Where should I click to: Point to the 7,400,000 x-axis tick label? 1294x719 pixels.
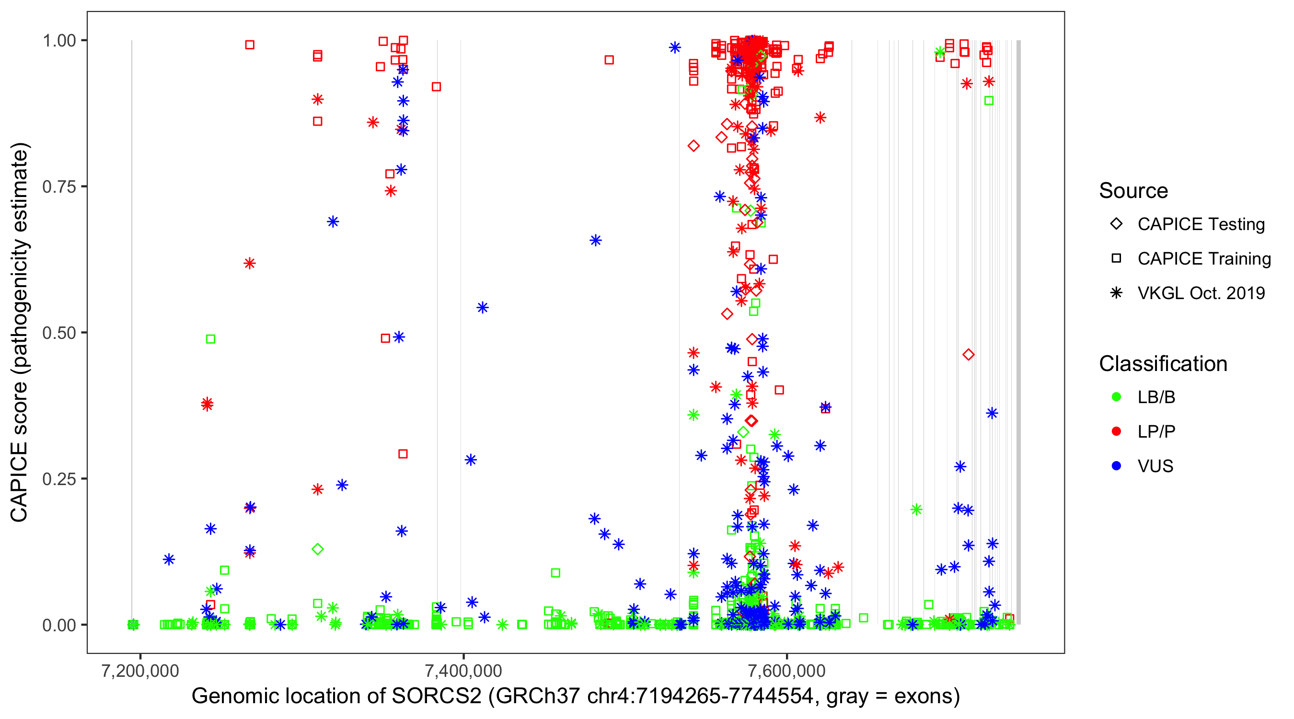click(462, 671)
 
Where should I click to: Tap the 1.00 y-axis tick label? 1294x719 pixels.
click(59, 41)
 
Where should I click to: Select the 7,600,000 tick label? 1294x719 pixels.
click(786, 671)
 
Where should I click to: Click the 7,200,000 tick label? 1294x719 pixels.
click(140, 671)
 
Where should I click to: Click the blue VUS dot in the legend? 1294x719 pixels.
click(1116, 466)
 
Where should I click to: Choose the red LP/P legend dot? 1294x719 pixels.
click(1116, 431)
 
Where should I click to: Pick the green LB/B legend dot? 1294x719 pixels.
click(1116, 397)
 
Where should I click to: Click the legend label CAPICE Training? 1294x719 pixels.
click(1203, 259)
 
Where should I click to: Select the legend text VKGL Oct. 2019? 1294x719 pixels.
click(1201, 293)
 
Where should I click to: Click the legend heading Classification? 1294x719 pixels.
click(1162, 364)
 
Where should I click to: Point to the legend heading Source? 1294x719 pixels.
click(1133, 191)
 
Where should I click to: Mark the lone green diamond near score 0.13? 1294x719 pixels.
click(317, 549)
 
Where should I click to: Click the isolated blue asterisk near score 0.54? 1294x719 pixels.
click(482, 308)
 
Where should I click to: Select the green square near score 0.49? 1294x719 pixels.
click(210, 339)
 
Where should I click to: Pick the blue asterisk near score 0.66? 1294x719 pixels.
click(595, 240)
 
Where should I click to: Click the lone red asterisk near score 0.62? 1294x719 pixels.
click(250, 263)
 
